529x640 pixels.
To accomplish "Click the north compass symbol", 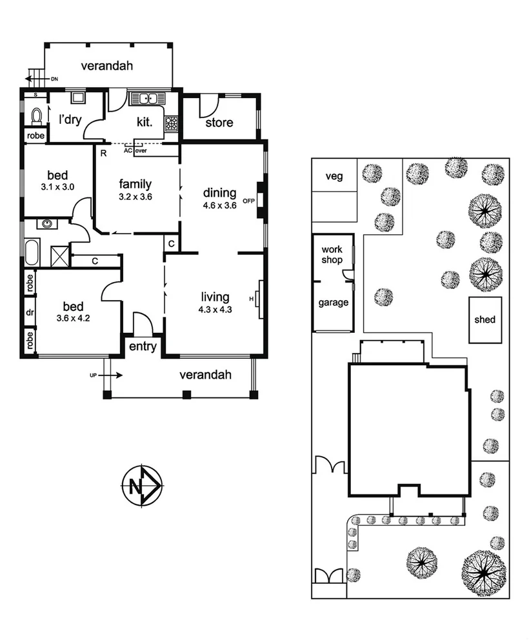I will (142, 485).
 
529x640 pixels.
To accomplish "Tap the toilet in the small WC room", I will (37, 115).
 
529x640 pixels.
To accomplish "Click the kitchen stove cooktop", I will (172, 123).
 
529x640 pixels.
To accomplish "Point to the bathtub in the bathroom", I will (32, 251).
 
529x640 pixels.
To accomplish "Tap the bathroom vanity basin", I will (47, 225).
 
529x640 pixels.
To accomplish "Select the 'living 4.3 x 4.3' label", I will (215, 302).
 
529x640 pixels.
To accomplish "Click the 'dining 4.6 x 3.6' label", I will (220, 197).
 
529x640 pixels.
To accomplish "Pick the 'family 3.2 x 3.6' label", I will (135, 190).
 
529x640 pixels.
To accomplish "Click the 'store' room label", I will (219, 123).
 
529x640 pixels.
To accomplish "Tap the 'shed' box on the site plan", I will (484, 319).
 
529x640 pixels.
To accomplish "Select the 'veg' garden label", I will (334, 176).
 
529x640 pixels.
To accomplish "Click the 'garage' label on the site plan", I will (333, 303).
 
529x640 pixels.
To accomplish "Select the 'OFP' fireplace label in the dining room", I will (249, 201).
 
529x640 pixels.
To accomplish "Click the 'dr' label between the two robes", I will (30, 312).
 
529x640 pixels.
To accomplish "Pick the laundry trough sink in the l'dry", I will (77, 97).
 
